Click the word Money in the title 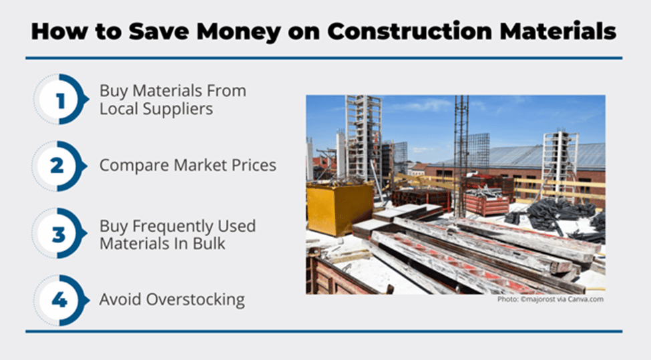[239, 32]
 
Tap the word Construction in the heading [409, 31]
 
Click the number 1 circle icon [61, 100]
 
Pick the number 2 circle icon [59, 166]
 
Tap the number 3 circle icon [59, 233]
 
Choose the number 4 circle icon [61, 300]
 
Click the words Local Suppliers [156, 110]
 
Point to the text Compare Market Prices [188, 165]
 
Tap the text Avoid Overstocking [172, 300]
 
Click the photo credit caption [551, 299]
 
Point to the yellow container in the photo [340, 208]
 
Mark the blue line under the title [324, 58]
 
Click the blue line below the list [324, 331]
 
